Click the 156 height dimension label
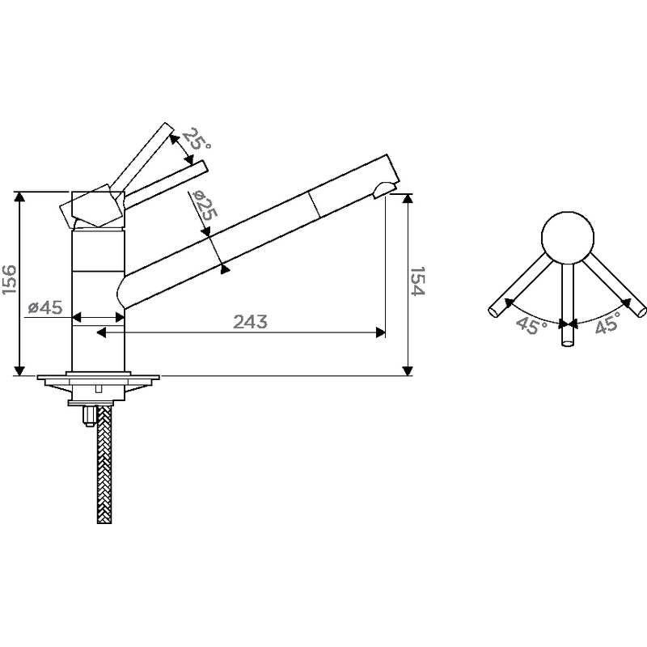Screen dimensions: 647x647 10,280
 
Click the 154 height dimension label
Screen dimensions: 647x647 417,281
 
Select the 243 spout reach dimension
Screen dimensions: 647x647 250,322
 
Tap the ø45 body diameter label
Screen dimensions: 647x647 45,307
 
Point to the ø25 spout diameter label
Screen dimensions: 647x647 205,205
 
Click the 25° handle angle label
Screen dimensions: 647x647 197,139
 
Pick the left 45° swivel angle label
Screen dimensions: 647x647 531,325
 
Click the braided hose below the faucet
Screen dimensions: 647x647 104,464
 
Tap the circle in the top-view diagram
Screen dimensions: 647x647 568,238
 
